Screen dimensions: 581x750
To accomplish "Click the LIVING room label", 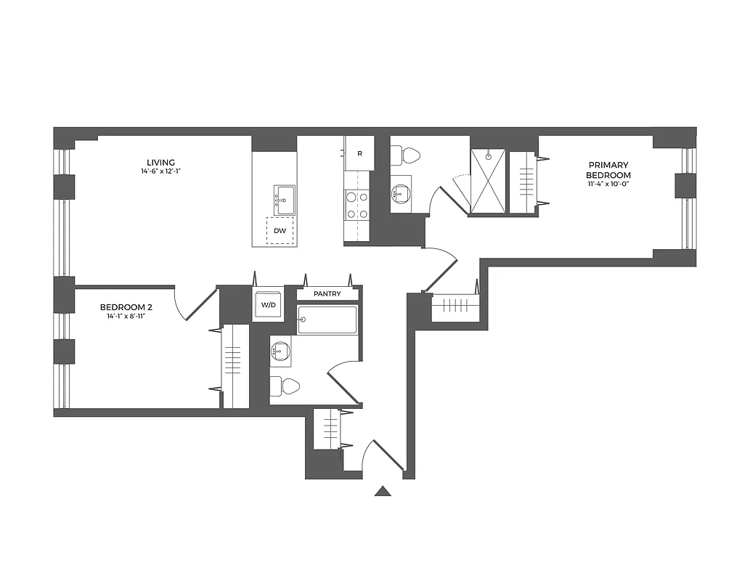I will pyautogui.click(x=160, y=162).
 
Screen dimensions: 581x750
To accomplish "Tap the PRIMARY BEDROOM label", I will pyautogui.click(x=608, y=170).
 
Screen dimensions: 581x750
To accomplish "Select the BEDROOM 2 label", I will pyautogui.click(x=126, y=307).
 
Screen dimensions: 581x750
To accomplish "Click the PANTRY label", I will pyautogui.click(x=327, y=294).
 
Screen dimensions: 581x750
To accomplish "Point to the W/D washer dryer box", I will pyautogui.click(x=269, y=305).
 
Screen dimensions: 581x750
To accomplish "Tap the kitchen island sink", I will pyautogui.click(x=284, y=198).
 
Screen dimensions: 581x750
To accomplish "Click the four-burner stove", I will pyautogui.click(x=356, y=204).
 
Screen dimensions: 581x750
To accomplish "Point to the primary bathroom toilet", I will pyautogui.click(x=407, y=155).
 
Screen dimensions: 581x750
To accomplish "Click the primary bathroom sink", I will pyautogui.click(x=400, y=193).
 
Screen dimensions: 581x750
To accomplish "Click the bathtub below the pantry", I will pyautogui.click(x=327, y=320).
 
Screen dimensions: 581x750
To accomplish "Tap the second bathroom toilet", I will pyautogui.click(x=285, y=386).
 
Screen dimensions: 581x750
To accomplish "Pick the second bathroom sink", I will pyautogui.click(x=280, y=352).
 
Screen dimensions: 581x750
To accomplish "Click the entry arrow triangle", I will pyautogui.click(x=383, y=492).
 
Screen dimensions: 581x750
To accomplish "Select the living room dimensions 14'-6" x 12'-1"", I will pyautogui.click(x=160, y=172).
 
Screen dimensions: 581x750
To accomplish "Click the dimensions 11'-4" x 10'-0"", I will pyautogui.click(x=608, y=184).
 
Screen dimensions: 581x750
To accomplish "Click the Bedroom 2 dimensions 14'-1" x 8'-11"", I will pyautogui.click(x=126, y=317).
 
